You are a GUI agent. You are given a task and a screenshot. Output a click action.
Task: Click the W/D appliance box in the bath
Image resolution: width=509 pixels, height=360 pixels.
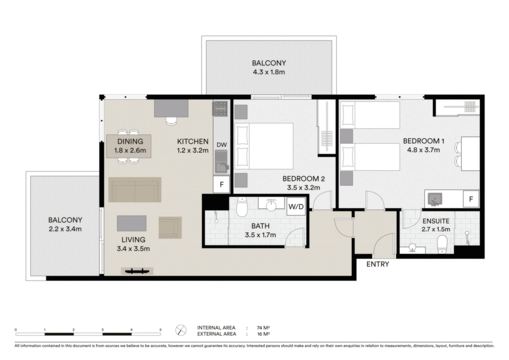pyautogui.click(x=296, y=206)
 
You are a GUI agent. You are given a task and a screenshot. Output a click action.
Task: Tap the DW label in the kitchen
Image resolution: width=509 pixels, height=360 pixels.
pyautogui.click(x=221, y=145)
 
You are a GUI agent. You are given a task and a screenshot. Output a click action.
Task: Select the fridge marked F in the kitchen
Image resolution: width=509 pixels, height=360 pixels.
pyautogui.click(x=222, y=184)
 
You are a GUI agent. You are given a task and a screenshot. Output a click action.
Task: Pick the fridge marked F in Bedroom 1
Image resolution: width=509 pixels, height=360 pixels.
pyautogui.click(x=471, y=199)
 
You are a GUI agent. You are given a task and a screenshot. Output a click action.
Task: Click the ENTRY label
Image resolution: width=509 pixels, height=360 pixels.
pyautogui.click(x=378, y=264)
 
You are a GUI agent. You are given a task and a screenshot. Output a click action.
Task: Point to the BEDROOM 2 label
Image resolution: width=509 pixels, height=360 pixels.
pyautogui.click(x=304, y=179)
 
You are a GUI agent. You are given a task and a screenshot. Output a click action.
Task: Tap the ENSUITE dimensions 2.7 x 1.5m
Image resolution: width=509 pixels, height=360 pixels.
pyautogui.click(x=436, y=229)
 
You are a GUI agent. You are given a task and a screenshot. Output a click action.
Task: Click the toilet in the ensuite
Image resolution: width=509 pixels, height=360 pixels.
pyautogui.click(x=442, y=245)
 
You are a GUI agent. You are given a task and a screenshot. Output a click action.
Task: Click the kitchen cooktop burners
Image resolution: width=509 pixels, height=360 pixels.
pyautogui.click(x=220, y=109)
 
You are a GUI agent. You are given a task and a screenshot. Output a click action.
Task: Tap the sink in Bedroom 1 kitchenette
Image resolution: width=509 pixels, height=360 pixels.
pyautogui.click(x=434, y=199)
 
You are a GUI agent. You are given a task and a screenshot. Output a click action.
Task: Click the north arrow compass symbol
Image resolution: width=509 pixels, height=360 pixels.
pyautogui.click(x=181, y=331)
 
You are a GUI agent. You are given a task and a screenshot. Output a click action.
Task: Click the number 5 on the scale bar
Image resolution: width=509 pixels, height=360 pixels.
pyautogui.click(x=161, y=330)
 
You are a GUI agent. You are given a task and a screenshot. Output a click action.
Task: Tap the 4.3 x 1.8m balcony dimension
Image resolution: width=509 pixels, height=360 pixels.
pyautogui.click(x=269, y=72)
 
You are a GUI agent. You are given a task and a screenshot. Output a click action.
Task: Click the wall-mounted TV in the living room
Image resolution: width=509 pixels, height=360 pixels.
pyautogui.click(x=137, y=271)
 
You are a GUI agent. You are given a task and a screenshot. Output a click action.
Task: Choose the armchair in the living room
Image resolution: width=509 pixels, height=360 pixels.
pyautogui.click(x=170, y=228)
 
